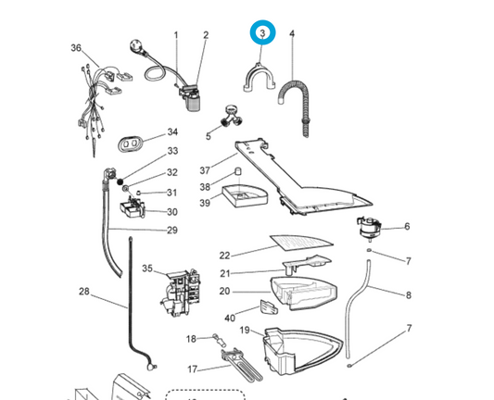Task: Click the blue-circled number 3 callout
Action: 262,32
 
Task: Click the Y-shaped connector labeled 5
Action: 233,117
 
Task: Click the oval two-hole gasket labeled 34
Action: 130,144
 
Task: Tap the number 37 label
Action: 205,170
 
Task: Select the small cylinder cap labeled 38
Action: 239,172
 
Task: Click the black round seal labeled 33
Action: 120,181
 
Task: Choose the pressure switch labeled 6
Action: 368,228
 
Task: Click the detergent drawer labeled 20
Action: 303,294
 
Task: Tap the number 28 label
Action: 83,292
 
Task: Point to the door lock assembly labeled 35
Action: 181,293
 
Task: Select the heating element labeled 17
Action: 243,364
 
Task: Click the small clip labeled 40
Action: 269,307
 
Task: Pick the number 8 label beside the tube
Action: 409,295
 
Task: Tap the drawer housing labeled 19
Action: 302,352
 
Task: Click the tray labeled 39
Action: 245,195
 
